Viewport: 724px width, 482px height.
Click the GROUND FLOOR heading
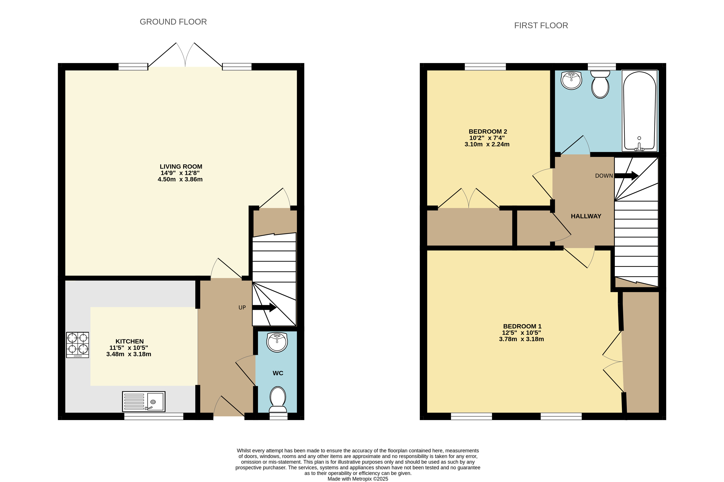coord(173,22)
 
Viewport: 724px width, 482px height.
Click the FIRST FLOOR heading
coord(541,26)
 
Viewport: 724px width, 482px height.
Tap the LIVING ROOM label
coord(181,167)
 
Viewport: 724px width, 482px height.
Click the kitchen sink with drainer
coord(143,401)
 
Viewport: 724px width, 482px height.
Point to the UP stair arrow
coord(264,307)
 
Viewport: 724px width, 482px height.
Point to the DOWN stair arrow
coord(626,176)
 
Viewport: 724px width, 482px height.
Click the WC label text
coord(278,373)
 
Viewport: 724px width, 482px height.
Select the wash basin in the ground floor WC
coord(277,343)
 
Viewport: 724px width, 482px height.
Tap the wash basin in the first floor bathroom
coord(571,81)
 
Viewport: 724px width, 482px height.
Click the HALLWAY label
coord(586,216)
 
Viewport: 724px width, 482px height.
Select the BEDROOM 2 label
coord(488,131)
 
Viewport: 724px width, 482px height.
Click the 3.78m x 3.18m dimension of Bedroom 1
coord(521,339)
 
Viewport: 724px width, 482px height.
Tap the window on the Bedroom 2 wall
coord(485,67)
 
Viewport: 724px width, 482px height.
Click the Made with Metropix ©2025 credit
coord(358,479)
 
